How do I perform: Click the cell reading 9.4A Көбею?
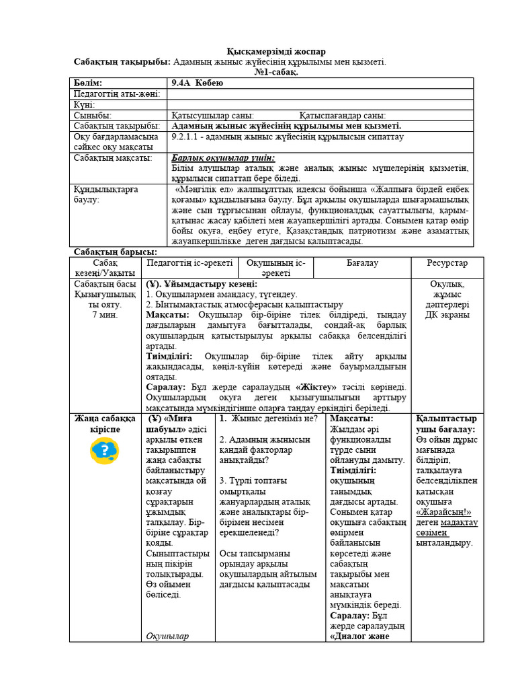196,83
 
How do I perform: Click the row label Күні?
84,105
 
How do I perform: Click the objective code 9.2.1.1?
190,137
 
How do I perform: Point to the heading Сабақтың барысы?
115,252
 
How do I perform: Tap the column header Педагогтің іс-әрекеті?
189,262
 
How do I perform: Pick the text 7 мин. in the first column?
105,314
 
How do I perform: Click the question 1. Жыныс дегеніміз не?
268,419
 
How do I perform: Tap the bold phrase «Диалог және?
360,637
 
